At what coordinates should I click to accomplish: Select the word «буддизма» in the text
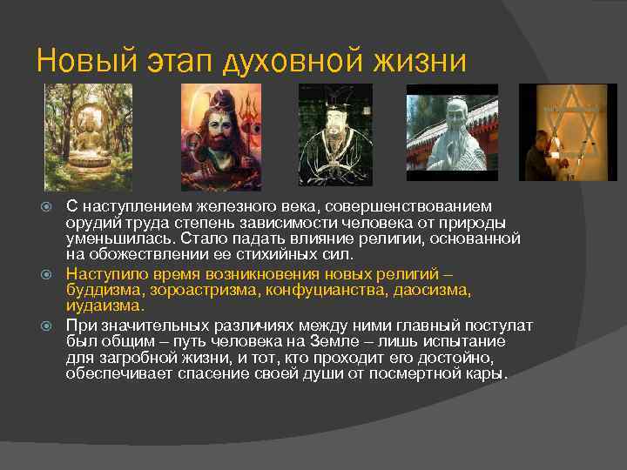point(103,289)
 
